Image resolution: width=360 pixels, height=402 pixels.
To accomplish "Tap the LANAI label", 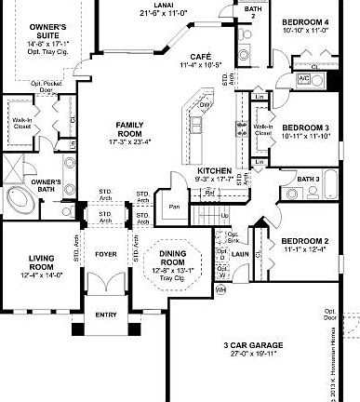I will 158,4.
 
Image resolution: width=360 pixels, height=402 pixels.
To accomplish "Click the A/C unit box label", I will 304,78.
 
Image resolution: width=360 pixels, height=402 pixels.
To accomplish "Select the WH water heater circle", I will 221,290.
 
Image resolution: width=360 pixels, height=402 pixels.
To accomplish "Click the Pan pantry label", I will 173,207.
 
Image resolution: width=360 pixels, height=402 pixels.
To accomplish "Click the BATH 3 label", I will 309,178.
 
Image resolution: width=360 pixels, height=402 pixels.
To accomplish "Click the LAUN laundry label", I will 240,253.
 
